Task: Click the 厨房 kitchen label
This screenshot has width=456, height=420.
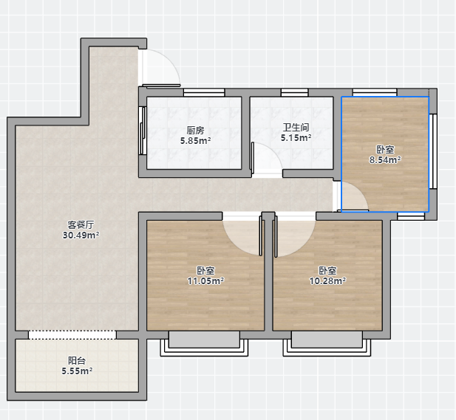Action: point(195,131)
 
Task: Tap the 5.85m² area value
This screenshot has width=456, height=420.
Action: point(195,141)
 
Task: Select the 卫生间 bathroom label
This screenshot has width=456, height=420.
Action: point(296,127)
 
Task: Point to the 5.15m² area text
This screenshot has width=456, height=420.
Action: point(296,138)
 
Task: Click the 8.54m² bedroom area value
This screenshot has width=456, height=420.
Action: point(385,159)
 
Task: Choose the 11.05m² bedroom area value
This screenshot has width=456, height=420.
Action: point(205,281)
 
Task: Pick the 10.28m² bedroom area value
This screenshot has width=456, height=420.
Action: point(327,281)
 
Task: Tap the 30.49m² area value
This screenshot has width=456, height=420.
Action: point(81,235)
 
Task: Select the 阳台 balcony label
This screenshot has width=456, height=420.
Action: point(77,360)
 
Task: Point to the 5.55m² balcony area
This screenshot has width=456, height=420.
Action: point(77,371)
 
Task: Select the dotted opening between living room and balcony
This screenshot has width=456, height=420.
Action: point(72,334)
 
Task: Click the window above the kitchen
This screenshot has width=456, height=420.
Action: point(204,93)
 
